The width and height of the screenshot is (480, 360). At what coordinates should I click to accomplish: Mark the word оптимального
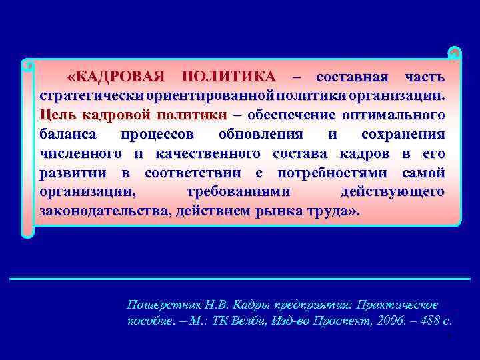point(395,115)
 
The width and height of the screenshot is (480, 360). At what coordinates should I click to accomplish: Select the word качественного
point(207,153)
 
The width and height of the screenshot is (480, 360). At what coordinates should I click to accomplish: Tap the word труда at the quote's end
point(332,211)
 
